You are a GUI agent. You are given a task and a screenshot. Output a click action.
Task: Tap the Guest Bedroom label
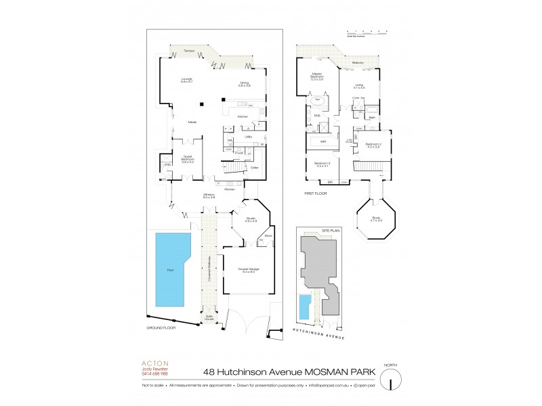[187, 159]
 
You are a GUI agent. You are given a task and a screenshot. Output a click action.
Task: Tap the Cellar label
[254, 167]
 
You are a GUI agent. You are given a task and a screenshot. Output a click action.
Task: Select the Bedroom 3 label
[322, 164]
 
